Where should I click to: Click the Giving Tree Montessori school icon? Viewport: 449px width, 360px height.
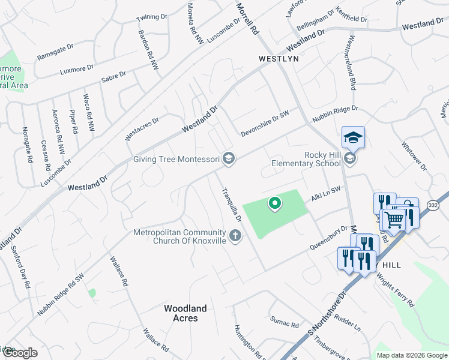click(228, 158)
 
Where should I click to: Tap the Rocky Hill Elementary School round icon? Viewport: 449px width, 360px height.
click(351, 159)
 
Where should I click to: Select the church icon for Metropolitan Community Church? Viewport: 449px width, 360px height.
click(235, 236)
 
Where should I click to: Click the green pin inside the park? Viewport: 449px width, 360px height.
click(275, 204)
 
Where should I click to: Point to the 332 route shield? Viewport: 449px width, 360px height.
click(433, 205)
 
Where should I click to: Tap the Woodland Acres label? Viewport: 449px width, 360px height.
click(185, 313)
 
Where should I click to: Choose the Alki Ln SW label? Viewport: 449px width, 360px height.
click(325, 193)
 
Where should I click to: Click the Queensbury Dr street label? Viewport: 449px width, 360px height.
click(329, 238)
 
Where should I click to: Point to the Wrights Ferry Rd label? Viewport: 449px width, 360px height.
click(396, 290)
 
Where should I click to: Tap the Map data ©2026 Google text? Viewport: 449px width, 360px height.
click(412, 355)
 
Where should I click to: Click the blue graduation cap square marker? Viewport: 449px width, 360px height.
click(353, 137)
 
